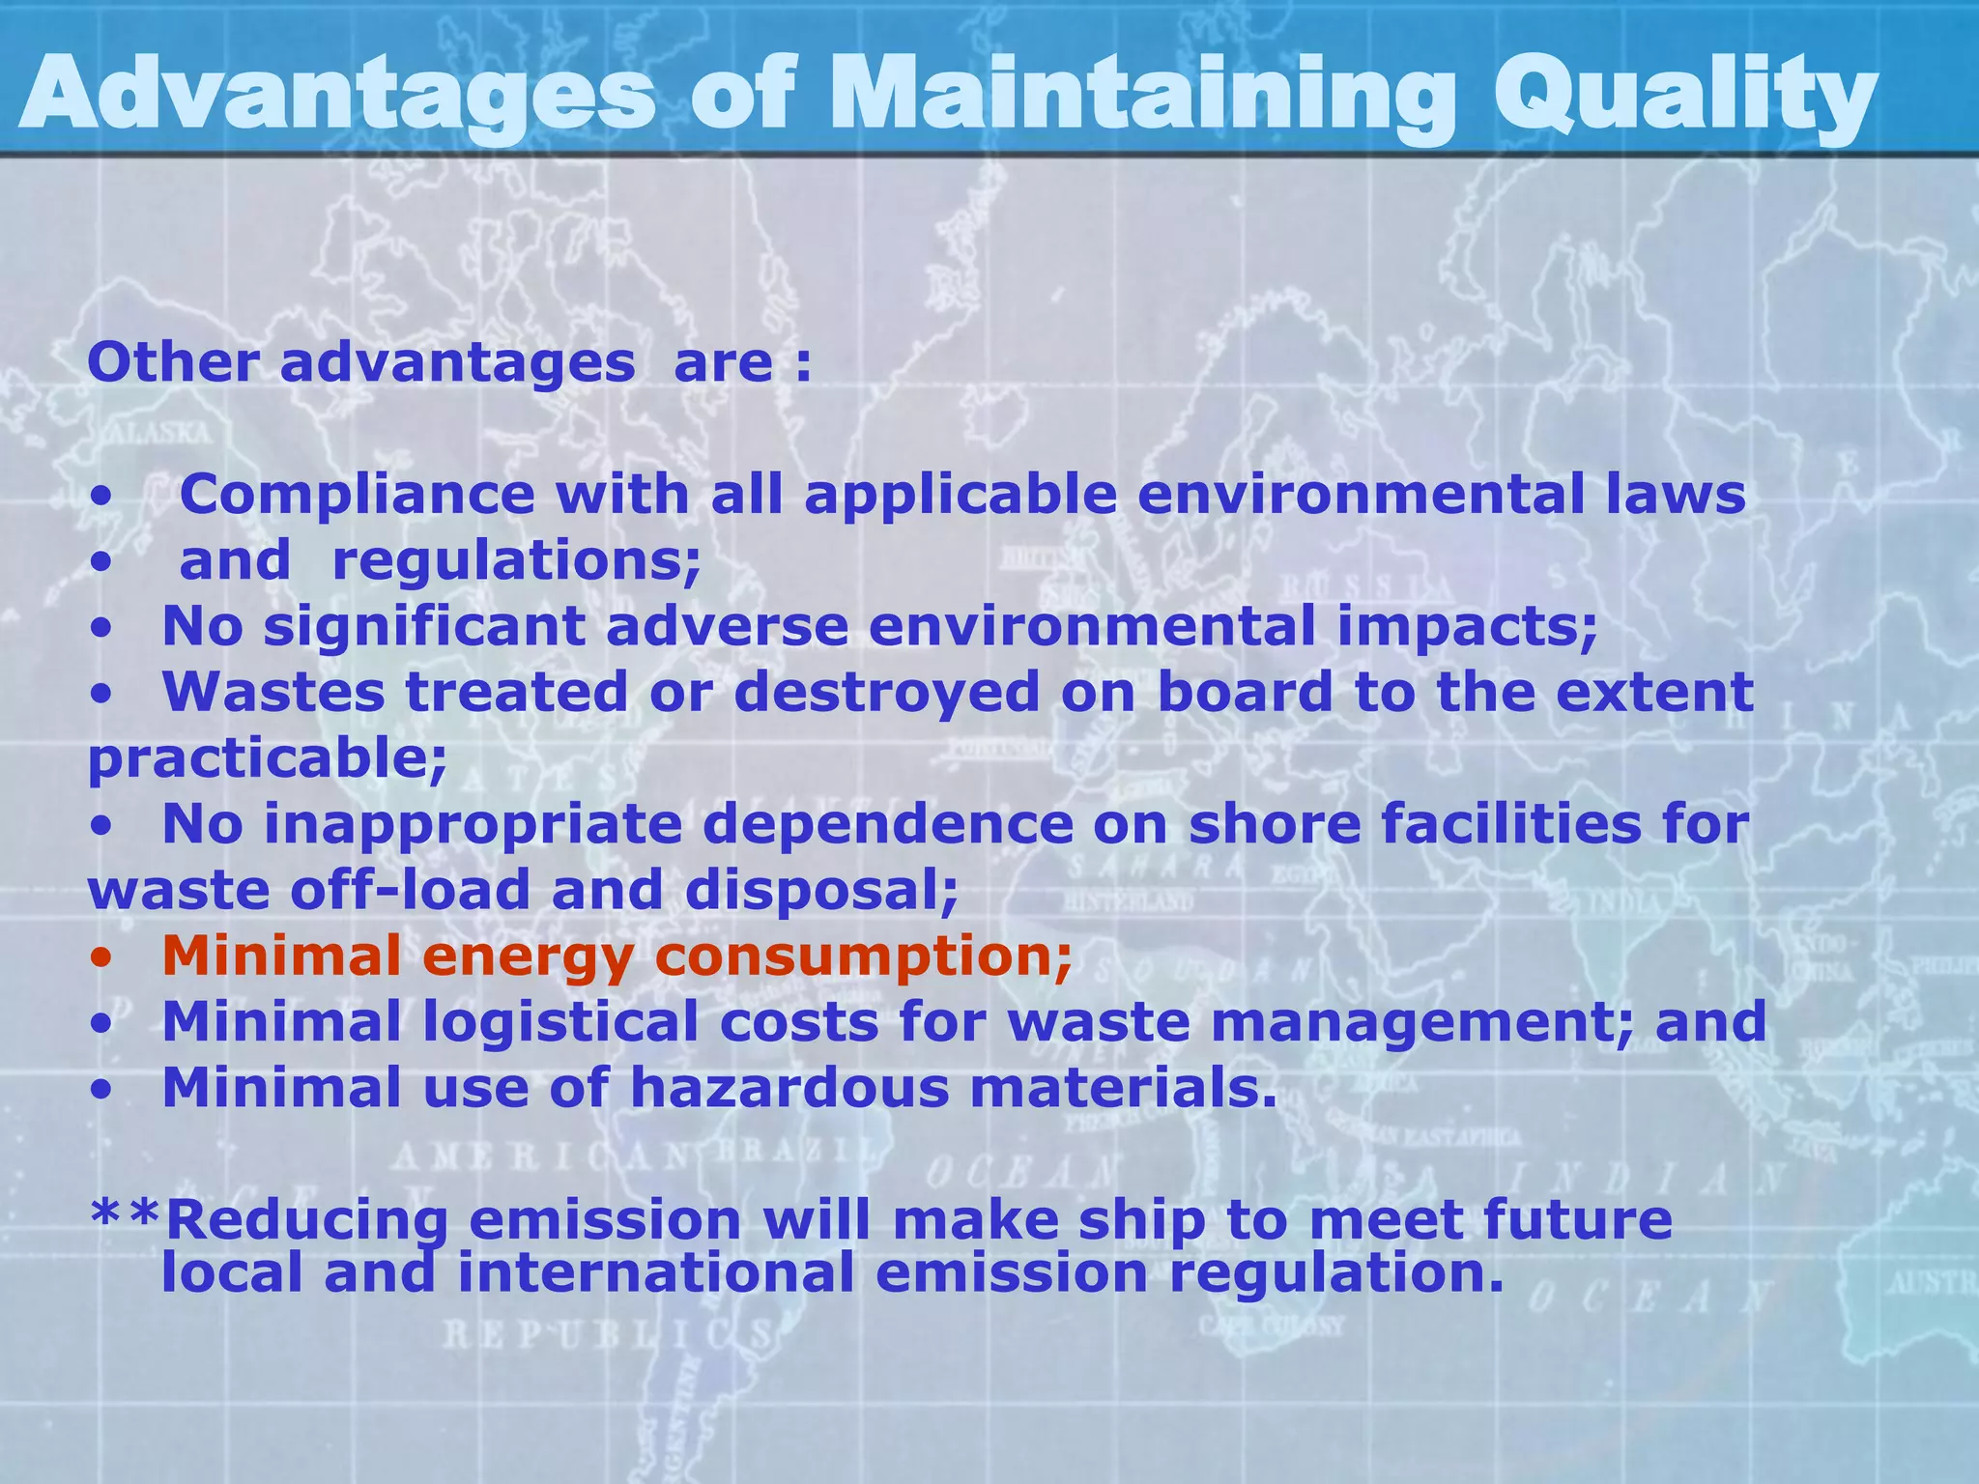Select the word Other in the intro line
[173, 363]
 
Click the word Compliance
[357, 495]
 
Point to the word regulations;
[516, 562]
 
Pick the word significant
[424, 626]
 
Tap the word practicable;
[268, 758]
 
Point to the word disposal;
[821, 890]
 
